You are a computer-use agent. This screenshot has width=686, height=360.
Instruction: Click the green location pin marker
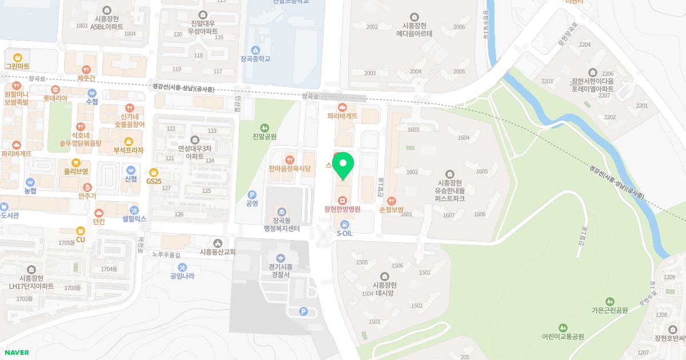[343, 165]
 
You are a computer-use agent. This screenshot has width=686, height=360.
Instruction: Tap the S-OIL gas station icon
[344, 224]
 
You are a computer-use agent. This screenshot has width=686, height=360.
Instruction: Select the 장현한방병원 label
[342, 209]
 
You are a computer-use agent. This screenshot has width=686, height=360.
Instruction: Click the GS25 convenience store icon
[153, 172]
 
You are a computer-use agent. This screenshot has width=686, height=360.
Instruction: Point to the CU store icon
[81, 231]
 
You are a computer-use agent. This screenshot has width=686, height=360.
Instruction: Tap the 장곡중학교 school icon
[255, 50]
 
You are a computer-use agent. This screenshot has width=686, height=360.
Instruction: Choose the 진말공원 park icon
[264, 127]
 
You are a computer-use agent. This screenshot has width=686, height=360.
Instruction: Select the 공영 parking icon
[252, 194]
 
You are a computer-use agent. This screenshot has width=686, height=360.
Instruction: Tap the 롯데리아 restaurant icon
[55, 90]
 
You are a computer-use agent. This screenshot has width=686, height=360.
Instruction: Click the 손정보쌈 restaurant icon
[392, 201]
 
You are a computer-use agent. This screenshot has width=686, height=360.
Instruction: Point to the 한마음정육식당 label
[289, 169]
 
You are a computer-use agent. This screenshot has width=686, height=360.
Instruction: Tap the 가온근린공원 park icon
[610, 301]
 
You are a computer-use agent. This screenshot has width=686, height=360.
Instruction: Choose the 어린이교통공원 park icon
[563, 327]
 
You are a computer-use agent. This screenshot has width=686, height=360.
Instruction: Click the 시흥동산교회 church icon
[217, 243]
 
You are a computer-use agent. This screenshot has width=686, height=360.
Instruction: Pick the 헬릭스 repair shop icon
[134, 210]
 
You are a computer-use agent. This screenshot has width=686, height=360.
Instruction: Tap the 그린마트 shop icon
[18, 58]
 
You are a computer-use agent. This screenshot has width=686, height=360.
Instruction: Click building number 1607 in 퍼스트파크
[448, 215]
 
